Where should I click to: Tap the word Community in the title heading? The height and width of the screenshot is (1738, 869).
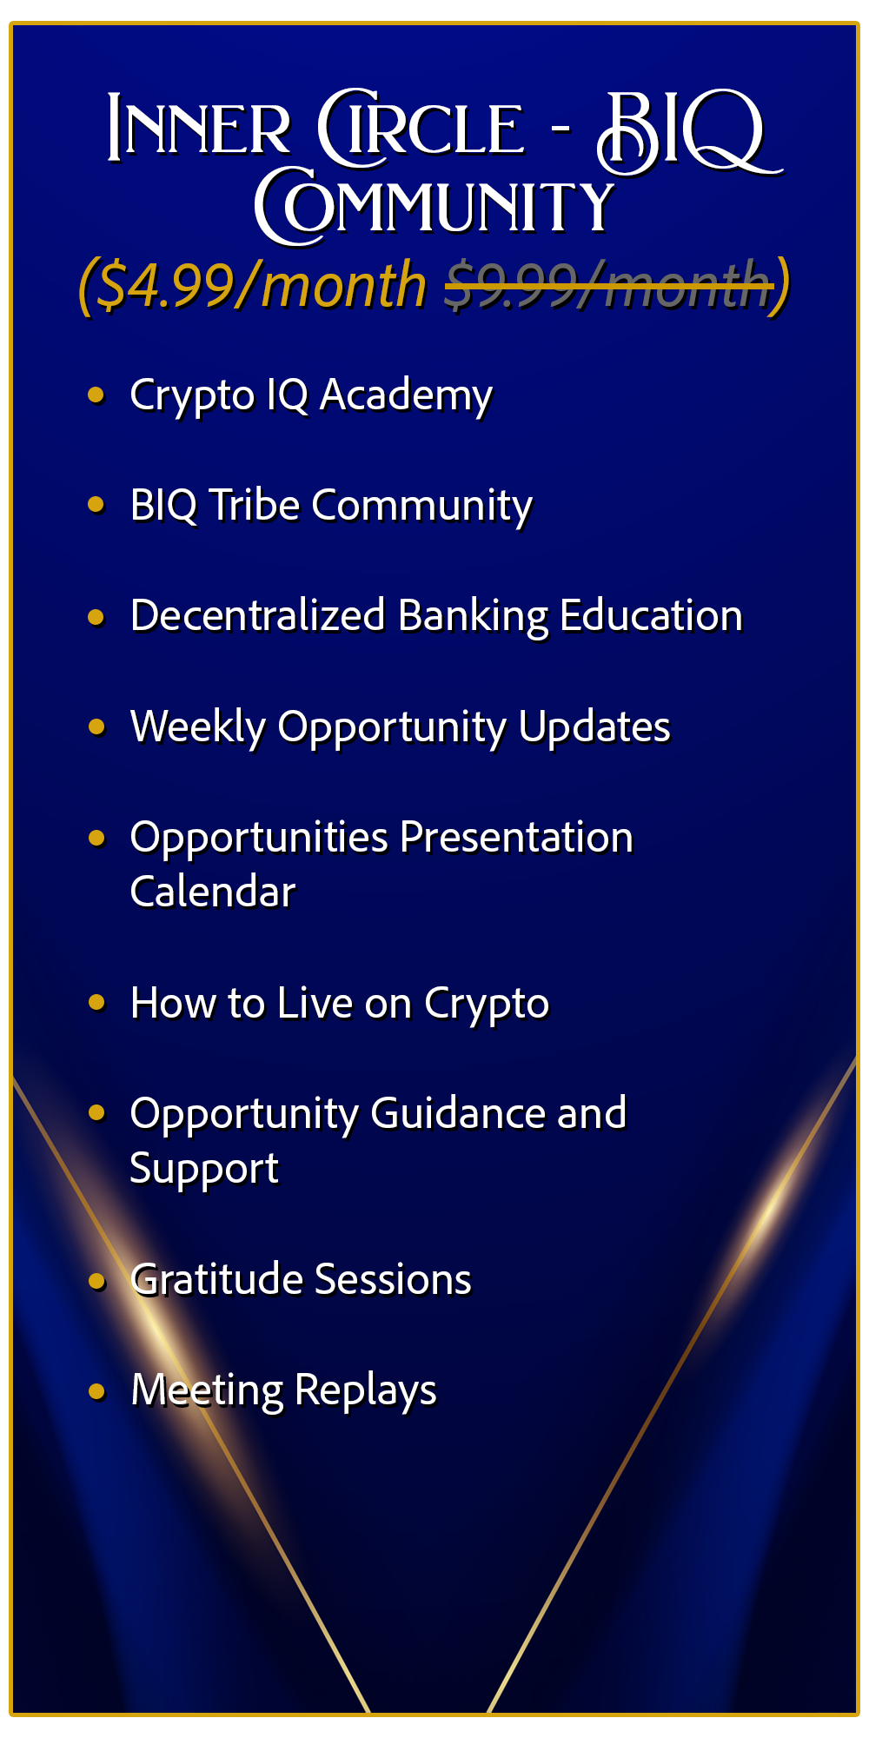point(434,206)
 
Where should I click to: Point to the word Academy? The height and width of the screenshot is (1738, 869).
point(406,396)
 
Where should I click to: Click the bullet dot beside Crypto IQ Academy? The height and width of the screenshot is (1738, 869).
point(96,395)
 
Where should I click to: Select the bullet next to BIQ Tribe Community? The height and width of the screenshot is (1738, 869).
point(96,505)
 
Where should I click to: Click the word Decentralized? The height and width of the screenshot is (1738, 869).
point(257,615)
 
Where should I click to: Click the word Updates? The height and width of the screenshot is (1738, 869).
point(594,727)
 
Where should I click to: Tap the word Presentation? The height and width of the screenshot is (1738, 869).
point(516,838)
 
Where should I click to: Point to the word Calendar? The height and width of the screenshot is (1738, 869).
point(213,892)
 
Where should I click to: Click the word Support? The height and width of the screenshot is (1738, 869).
point(204,1170)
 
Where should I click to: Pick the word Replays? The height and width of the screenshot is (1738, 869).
point(366,1391)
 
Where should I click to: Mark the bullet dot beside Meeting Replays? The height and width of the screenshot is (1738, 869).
point(96,1391)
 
